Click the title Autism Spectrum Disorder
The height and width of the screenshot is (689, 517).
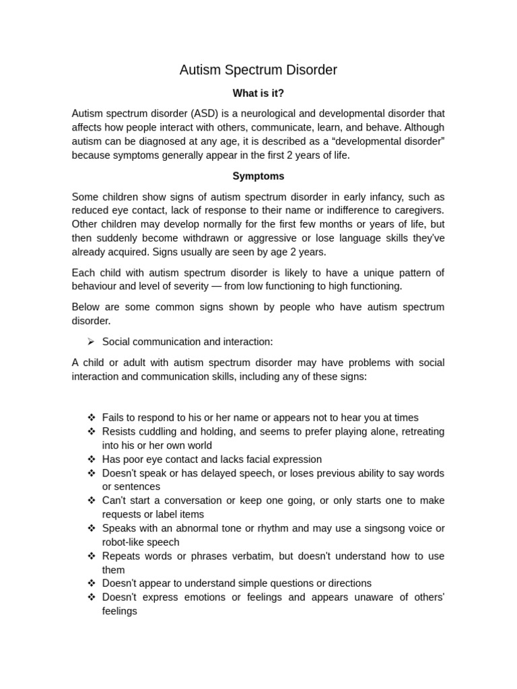258,70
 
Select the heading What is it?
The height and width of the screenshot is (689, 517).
258,93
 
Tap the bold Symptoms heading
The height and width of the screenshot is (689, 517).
258,176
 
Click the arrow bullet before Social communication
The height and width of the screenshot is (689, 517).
91,342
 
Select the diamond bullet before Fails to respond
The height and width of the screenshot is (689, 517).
91,418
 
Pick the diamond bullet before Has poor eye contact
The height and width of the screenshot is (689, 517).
91,460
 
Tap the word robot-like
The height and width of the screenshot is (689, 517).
126,542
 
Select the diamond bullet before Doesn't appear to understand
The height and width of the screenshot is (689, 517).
91,583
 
